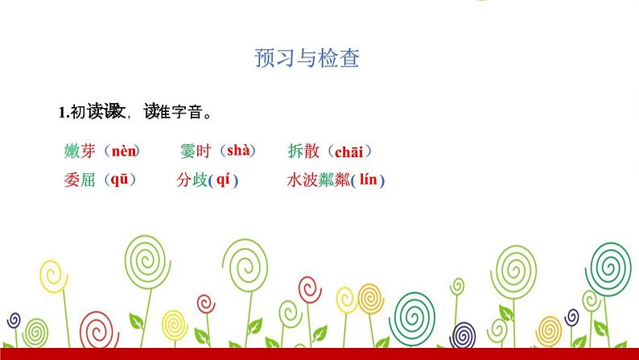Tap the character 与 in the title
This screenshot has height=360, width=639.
coord(307,58)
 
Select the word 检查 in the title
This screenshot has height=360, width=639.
coord(340,58)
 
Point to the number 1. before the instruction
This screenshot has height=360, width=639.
coord(64,113)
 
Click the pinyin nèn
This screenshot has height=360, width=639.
coord(124,151)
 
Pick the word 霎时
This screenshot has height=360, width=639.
coord(196,151)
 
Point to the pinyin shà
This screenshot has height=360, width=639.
coord(239,150)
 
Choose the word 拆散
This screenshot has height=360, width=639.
coord(303,151)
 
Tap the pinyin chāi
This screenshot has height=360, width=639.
coord(348,151)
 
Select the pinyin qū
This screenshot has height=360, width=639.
coord(119,180)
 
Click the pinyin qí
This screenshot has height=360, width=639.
coord(223,180)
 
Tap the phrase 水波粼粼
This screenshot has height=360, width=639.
coord(319,180)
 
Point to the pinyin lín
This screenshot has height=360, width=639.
coord(368,180)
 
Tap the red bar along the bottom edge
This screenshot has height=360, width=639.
coord(319,354)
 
